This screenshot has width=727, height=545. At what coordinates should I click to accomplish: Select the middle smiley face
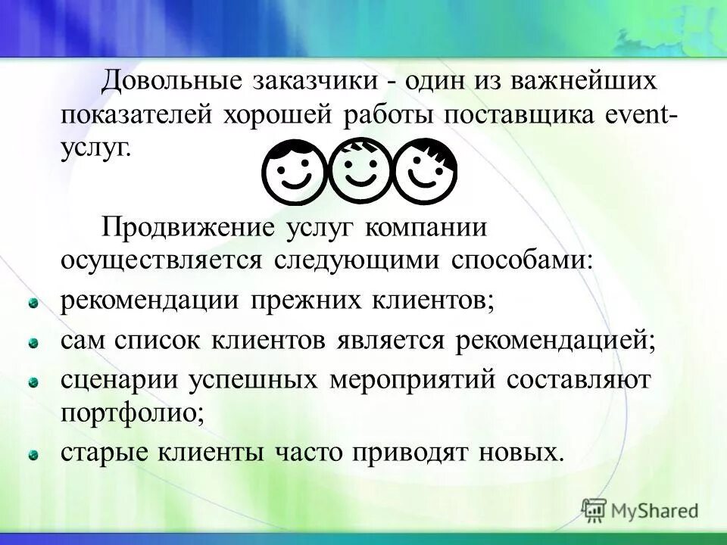click(360, 170)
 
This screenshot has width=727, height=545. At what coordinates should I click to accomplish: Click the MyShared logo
click(641, 510)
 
